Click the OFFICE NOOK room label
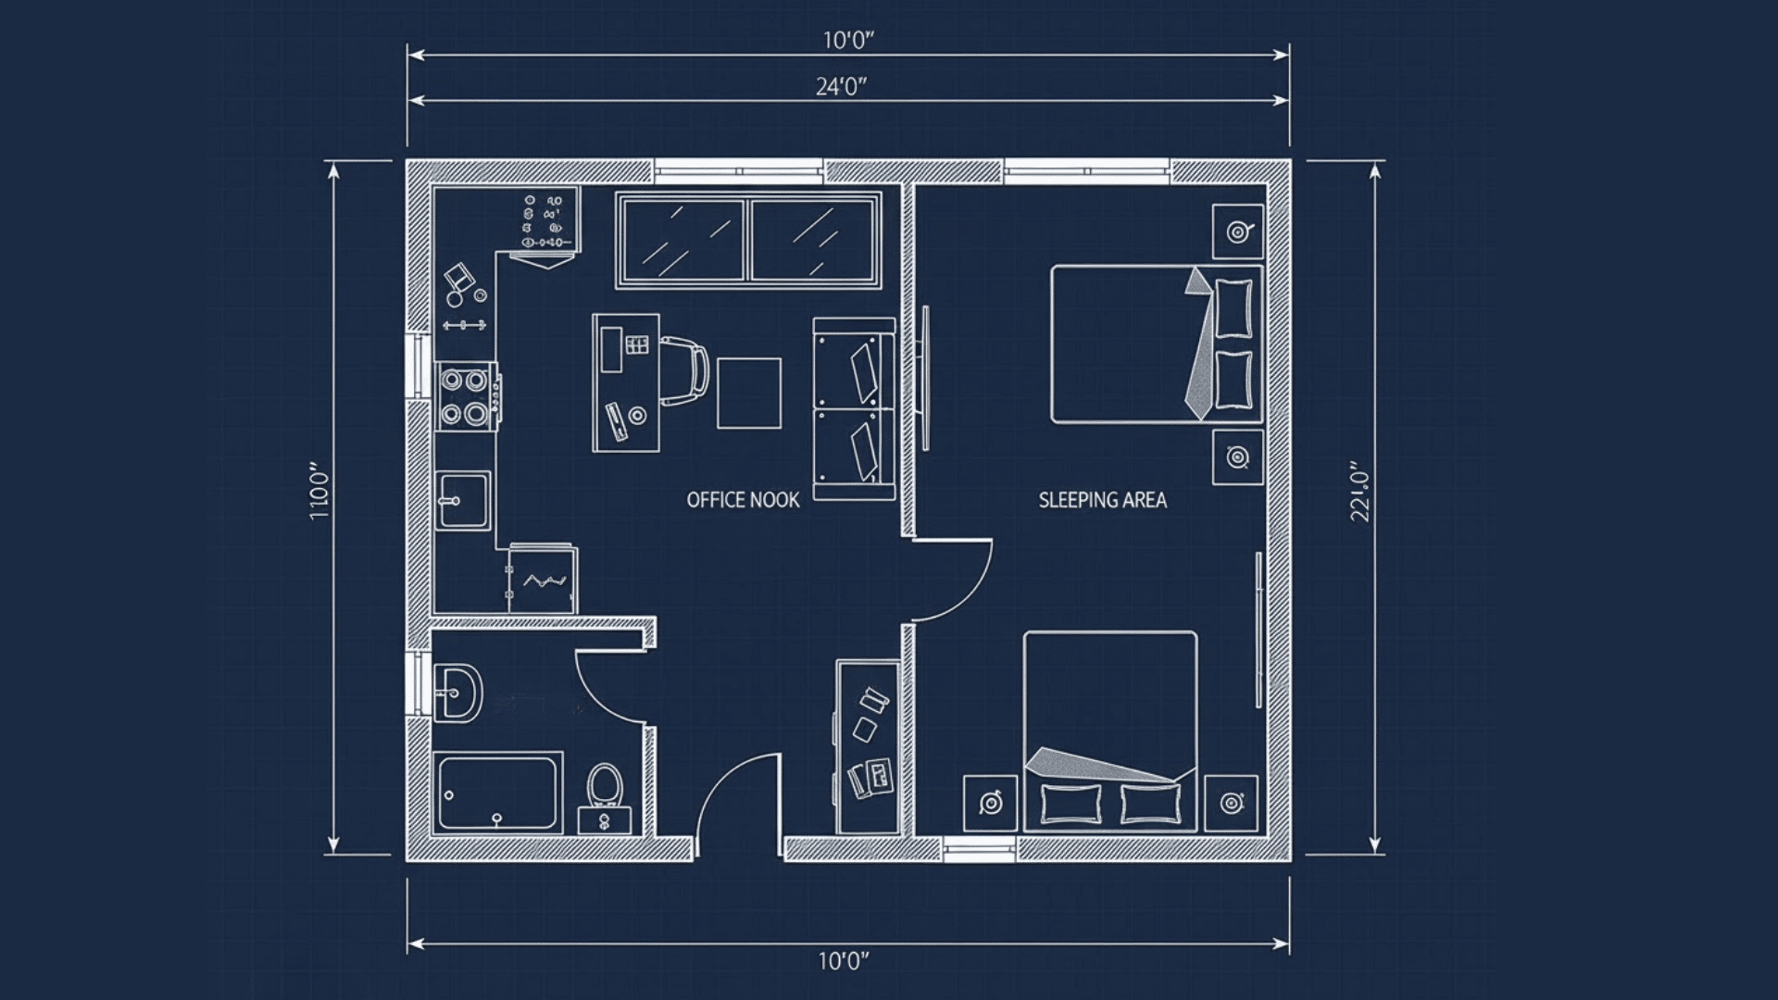pos(743,500)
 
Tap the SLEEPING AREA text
pos(1102,500)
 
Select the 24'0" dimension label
pos(841,87)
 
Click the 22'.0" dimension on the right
pos(1359,492)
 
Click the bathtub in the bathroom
pos(498,794)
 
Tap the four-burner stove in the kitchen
pos(465,396)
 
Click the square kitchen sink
pos(463,500)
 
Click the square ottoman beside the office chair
pos(748,393)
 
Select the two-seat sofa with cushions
pos(854,408)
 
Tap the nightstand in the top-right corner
pos(1238,231)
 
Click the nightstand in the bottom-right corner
pos(1231,803)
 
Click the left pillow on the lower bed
pos(1071,803)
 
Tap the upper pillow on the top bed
pos(1233,308)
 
